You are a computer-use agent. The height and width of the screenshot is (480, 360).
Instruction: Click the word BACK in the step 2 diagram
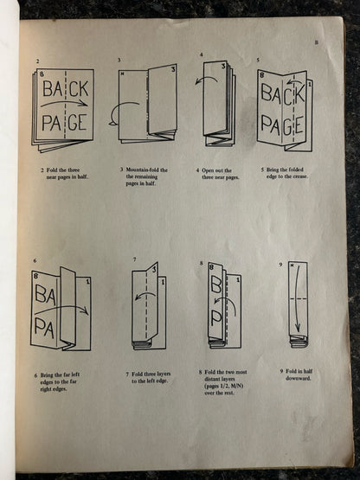(65, 88)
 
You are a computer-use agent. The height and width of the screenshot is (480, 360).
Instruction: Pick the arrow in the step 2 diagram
(66, 106)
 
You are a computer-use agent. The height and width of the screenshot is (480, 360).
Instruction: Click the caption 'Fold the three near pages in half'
(64, 174)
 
